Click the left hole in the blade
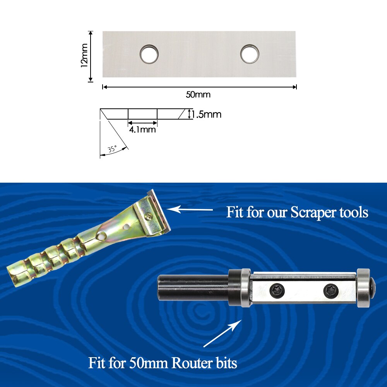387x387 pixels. pos(149,54)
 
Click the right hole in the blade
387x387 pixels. pos(250,54)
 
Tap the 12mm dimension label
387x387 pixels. pos(84,55)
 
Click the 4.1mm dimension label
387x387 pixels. pos(142,130)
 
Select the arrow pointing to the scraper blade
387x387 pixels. pos(190,210)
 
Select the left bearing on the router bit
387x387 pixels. pos(244,288)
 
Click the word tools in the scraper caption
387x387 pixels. pos(353,212)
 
